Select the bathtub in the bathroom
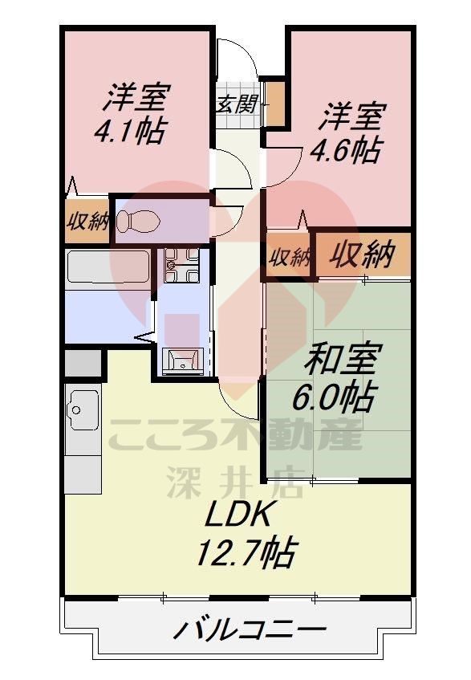[x=108, y=267]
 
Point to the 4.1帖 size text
[x=129, y=130]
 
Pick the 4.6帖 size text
[x=347, y=150]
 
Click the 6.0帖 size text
[x=341, y=395]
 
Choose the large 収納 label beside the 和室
[x=363, y=255]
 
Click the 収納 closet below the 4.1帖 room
[x=87, y=220]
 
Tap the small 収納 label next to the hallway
[x=289, y=258]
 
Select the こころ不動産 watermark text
[x=235, y=438]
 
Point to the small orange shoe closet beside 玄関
[x=275, y=102]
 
